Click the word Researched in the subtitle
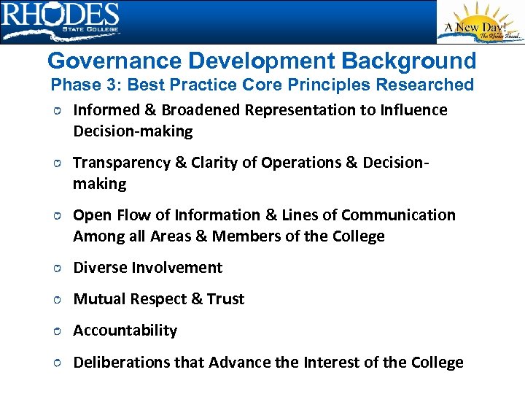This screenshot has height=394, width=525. coord(424,85)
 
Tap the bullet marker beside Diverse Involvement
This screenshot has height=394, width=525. coord(56,269)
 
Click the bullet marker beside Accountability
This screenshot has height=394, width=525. coord(56,331)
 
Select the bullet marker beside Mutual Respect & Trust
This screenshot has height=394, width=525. coord(56,300)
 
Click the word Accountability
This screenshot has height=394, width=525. coord(125,331)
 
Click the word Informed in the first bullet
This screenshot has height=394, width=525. coord(105,110)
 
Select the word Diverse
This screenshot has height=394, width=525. coord(101,268)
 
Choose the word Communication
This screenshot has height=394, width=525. coord(398,215)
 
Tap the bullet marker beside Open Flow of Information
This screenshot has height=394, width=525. coord(56,216)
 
